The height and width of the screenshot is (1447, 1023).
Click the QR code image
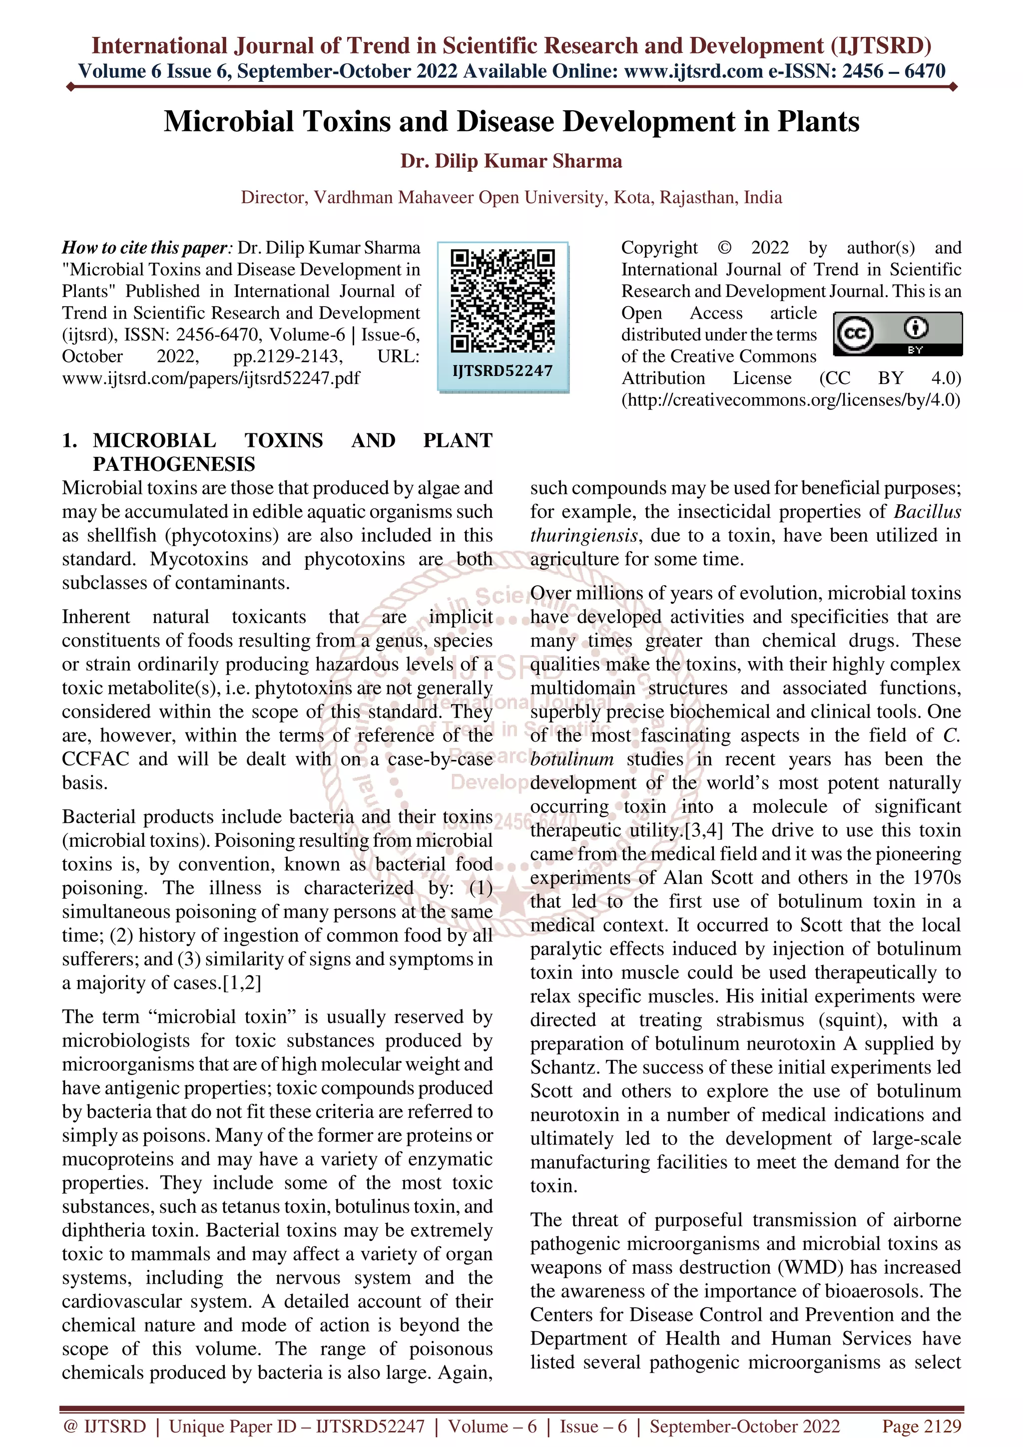pos(503,301)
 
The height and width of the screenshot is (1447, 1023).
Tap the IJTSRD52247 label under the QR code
pos(503,371)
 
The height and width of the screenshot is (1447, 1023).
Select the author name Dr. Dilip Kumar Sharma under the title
pos(511,161)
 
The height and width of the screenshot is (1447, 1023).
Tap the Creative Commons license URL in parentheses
pos(791,400)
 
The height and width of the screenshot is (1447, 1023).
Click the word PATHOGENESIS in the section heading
pos(174,464)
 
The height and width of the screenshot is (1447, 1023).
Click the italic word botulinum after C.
pos(572,759)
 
